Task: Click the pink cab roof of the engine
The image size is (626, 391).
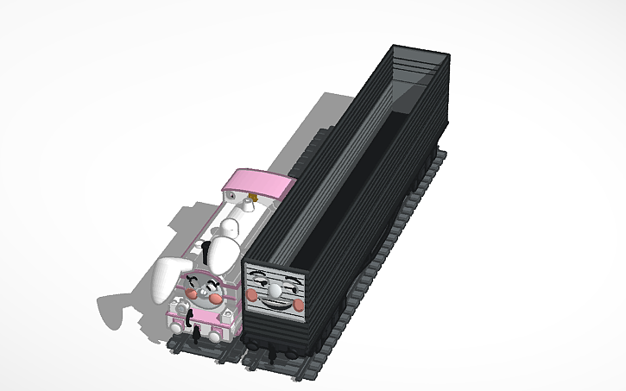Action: [258, 183]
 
